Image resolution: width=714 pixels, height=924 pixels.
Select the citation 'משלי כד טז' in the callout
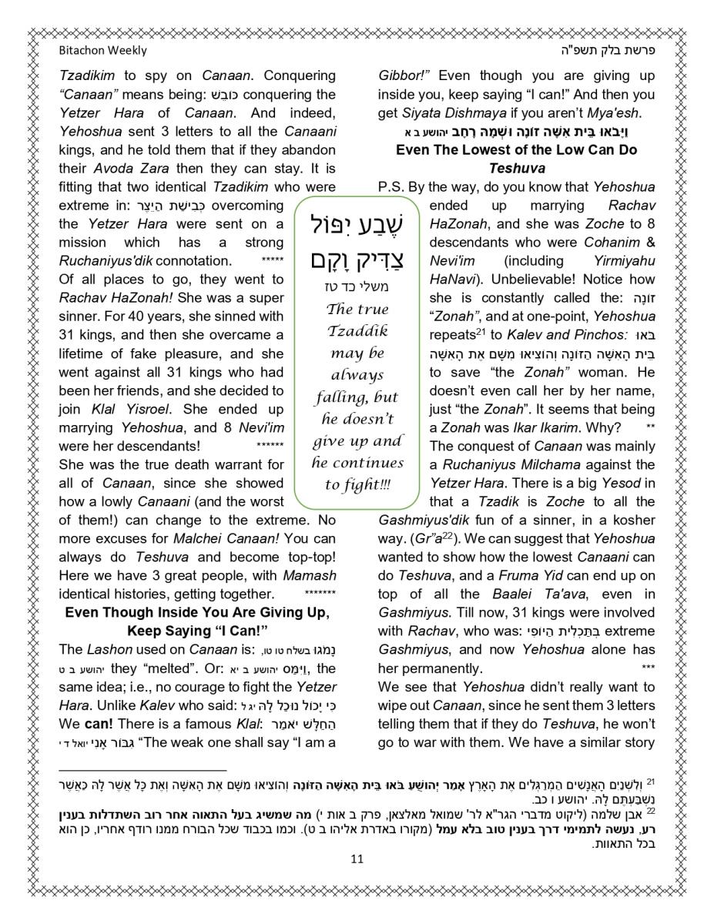(357, 287)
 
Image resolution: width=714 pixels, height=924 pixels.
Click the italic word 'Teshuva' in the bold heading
(516, 168)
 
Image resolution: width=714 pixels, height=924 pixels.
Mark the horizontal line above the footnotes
(142, 770)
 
